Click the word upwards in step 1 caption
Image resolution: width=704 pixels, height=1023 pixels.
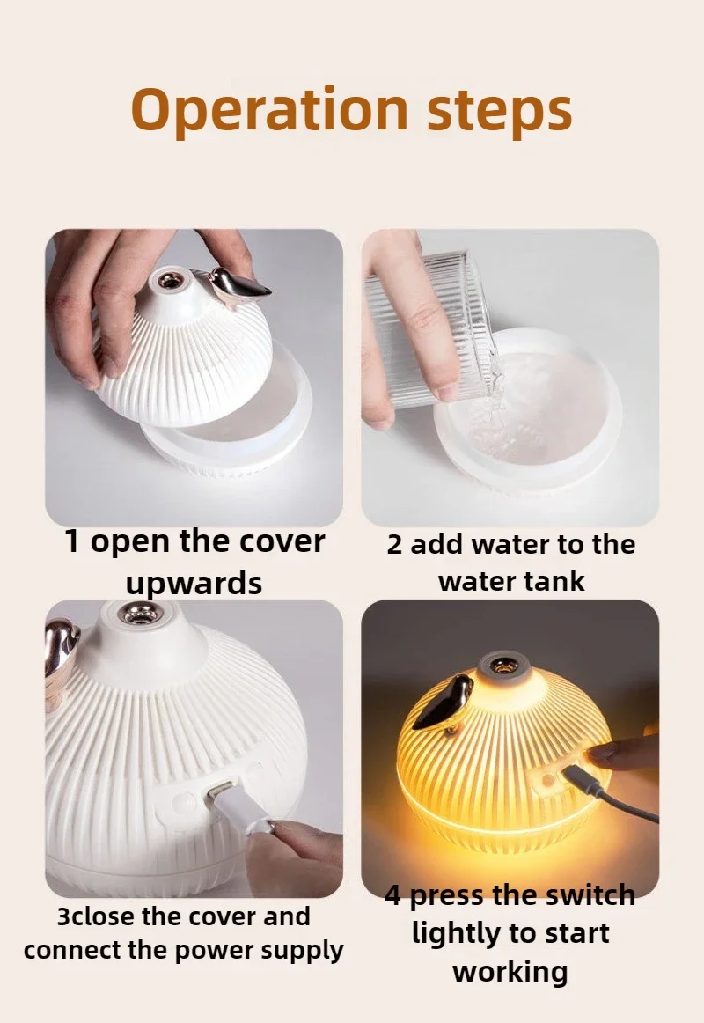click(194, 583)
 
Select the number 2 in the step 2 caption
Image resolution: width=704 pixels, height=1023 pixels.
click(394, 545)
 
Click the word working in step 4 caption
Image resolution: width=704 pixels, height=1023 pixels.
click(510, 972)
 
